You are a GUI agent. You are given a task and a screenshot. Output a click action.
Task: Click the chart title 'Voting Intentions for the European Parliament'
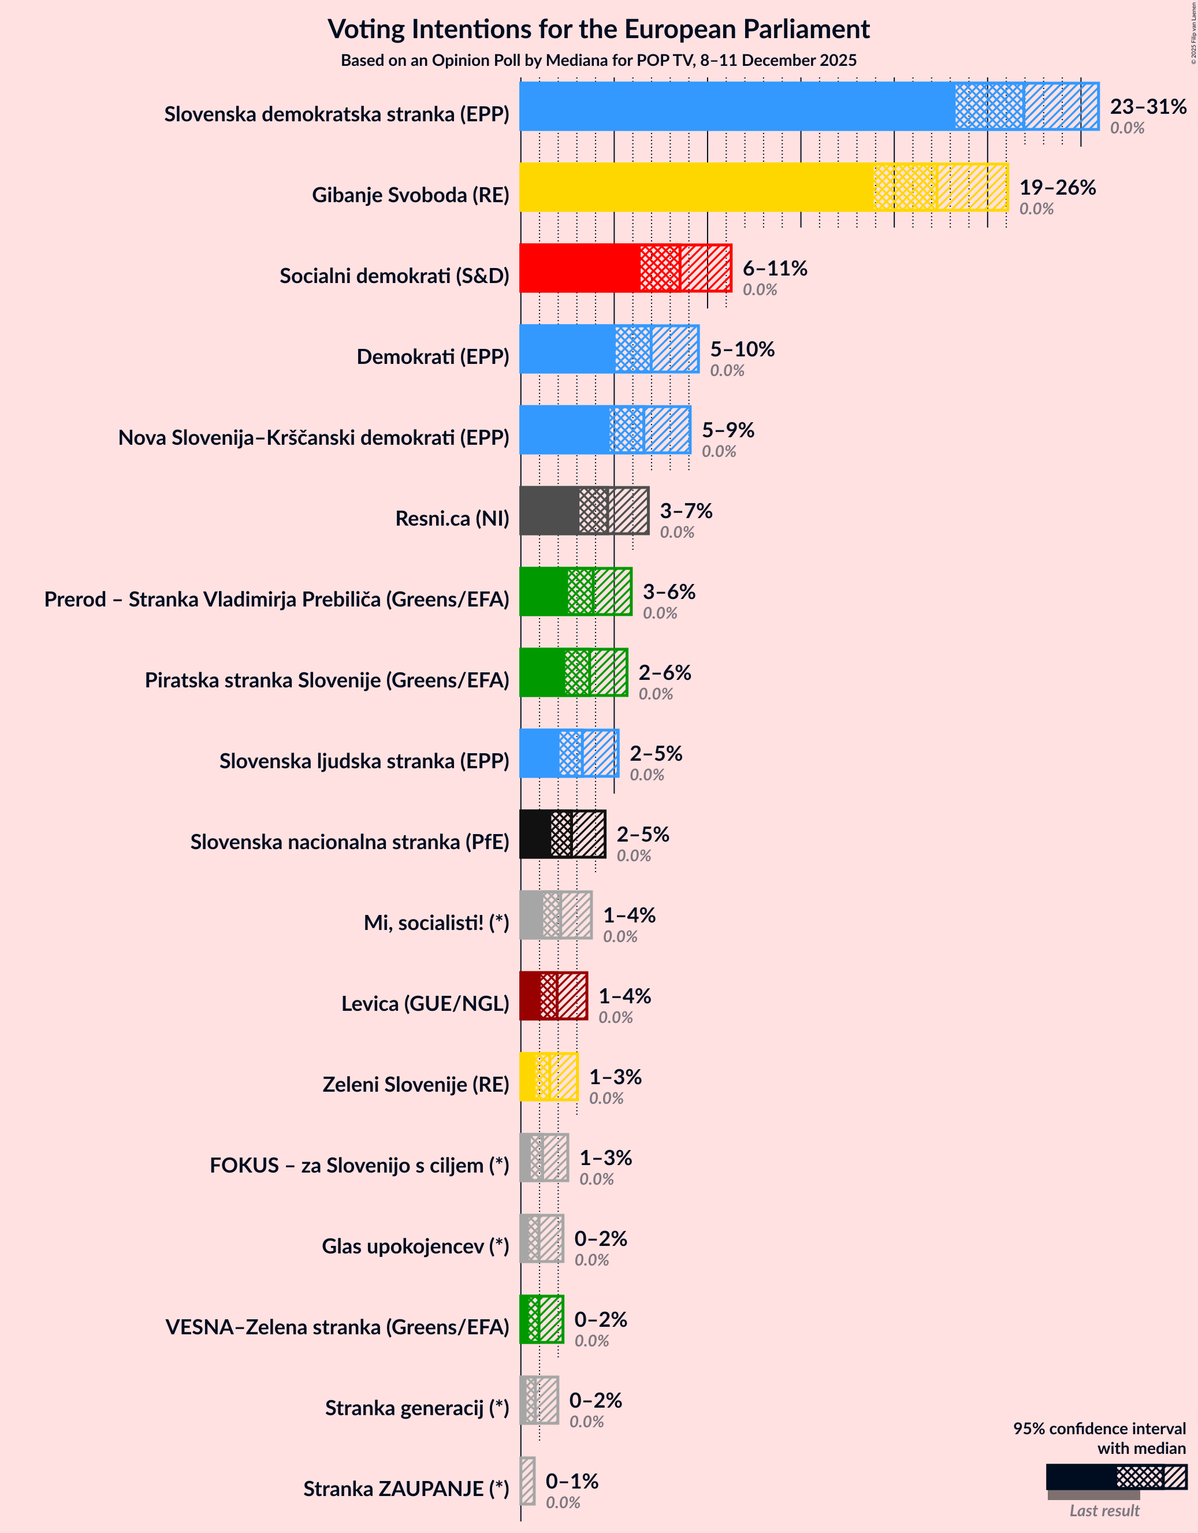point(598,29)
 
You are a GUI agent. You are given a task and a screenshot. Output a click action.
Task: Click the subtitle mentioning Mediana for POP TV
point(598,61)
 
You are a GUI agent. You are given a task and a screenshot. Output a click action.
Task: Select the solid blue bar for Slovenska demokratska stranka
point(737,106)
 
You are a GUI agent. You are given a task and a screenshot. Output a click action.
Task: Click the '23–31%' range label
point(1148,106)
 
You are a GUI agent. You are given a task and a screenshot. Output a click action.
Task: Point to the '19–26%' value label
point(1057,187)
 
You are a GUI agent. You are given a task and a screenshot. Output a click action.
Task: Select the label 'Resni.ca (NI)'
point(452,518)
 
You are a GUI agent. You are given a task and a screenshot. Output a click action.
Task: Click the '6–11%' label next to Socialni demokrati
point(775,268)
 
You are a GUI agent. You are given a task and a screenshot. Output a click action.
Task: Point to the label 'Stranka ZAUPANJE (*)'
point(405,1489)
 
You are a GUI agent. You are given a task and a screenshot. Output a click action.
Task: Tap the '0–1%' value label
point(572,1481)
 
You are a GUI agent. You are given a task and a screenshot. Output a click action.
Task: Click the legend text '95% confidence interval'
point(1099,1428)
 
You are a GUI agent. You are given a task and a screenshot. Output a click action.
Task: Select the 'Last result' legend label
point(1104,1510)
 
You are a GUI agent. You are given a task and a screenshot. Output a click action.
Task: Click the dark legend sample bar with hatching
point(1115,1477)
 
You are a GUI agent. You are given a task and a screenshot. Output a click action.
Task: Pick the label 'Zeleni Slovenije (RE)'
point(415,1084)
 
